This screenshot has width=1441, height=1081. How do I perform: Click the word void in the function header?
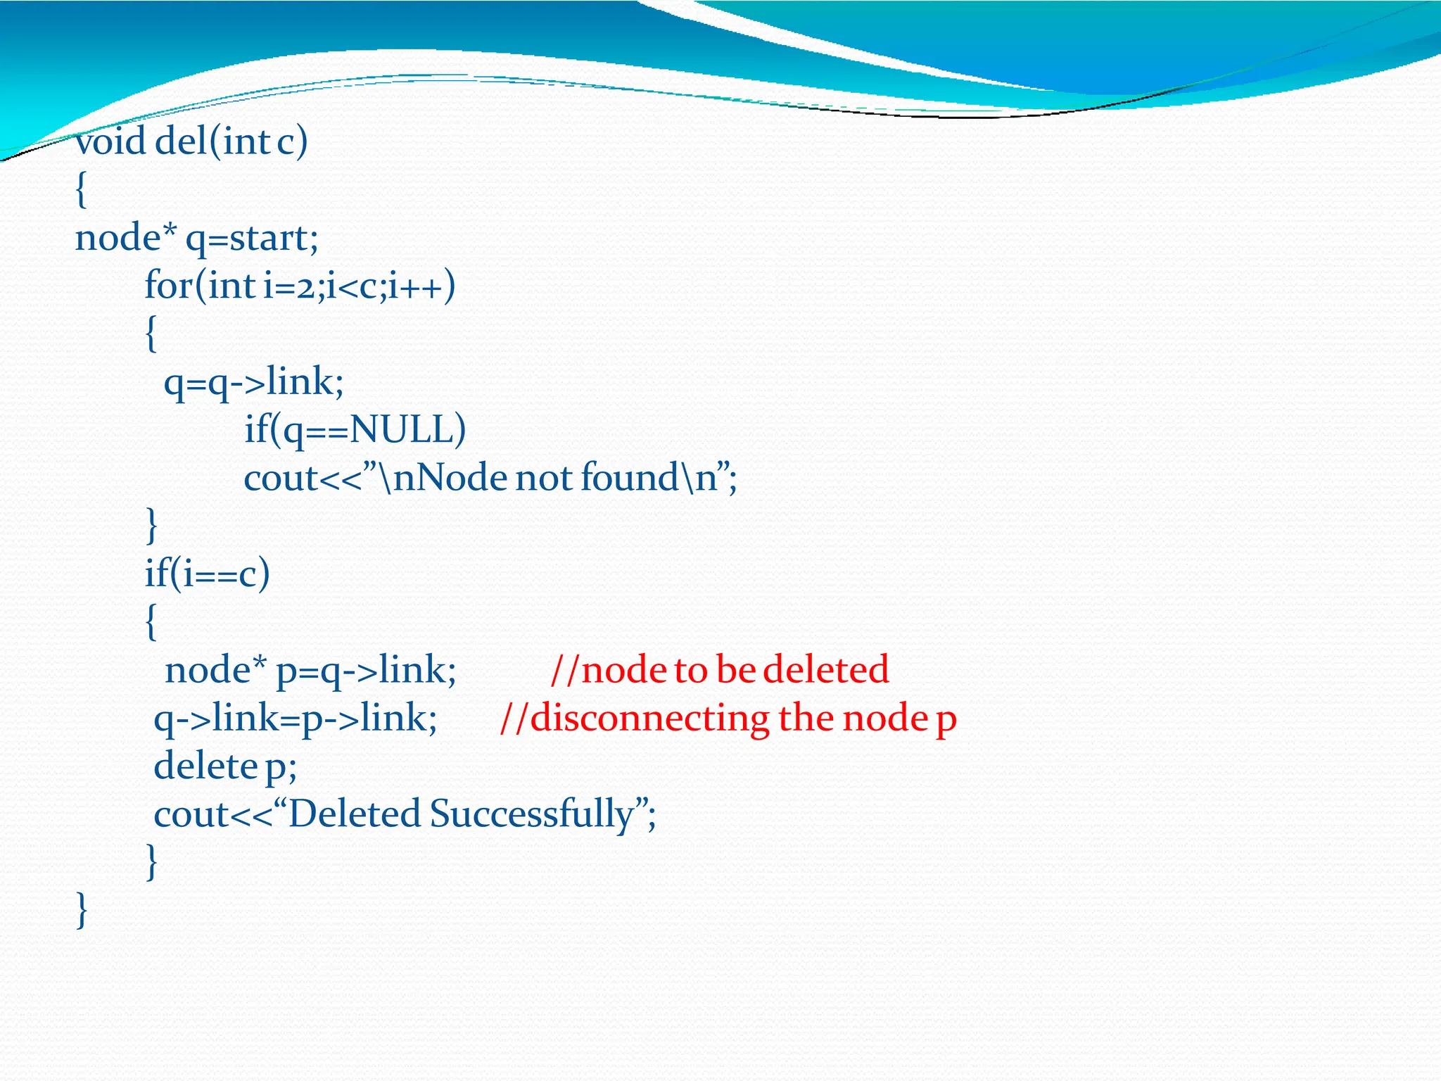click(x=110, y=141)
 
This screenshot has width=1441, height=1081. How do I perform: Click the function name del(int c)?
click(x=231, y=141)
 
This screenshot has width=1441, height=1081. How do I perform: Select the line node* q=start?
click(x=196, y=239)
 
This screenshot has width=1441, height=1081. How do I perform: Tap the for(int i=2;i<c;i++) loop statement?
click(x=300, y=286)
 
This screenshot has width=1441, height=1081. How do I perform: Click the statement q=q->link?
click(x=253, y=382)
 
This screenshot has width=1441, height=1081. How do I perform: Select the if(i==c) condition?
click(x=207, y=574)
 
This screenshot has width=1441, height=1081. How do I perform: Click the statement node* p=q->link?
click(x=310, y=669)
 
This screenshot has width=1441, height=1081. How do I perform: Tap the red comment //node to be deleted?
click(x=719, y=669)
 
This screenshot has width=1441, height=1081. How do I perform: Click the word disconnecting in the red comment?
click(x=649, y=719)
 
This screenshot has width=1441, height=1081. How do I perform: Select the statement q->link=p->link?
click(x=296, y=719)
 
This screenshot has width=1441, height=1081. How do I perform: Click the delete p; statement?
click(x=225, y=766)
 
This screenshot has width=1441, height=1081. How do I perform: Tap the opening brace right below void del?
click(x=82, y=190)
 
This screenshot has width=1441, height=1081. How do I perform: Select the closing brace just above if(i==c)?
click(x=151, y=525)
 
